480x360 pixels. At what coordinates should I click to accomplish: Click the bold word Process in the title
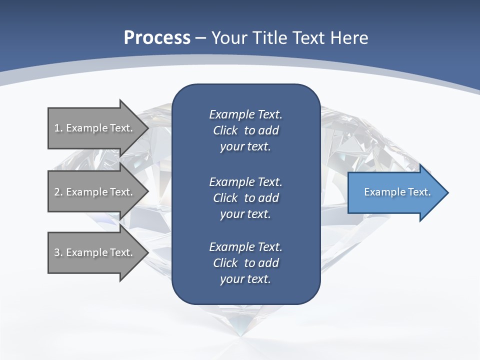click(157, 38)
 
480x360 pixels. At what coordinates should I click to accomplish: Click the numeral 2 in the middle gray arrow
click(57, 192)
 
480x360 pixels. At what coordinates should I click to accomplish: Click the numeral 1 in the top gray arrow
click(57, 128)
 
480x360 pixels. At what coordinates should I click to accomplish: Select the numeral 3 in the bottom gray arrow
click(57, 252)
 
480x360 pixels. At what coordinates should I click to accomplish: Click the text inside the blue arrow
click(397, 192)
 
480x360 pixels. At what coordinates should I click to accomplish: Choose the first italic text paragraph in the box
click(245, 130)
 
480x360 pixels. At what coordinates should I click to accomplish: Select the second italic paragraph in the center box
click(245, 198)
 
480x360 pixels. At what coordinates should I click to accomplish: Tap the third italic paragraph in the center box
click(245, 263)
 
